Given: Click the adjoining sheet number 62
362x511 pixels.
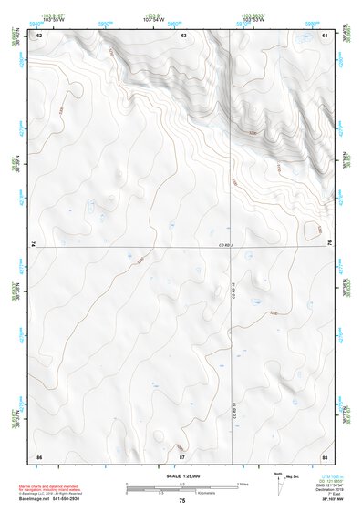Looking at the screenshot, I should click(x=39, y=35).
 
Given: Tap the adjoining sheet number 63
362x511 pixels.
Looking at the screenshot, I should click(x=184, y=35).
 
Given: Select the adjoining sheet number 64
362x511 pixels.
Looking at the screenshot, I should click(x=325, y=35).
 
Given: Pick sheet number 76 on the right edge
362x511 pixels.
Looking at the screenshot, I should click(x=328, y=243).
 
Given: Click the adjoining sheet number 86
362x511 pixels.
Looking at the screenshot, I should click(x=39, y=455).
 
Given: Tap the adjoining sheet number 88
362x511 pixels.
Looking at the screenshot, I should click(x=325, y=455).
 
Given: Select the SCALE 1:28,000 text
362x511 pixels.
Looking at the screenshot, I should click(x=181, y=475).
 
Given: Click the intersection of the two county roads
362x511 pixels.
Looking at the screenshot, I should click(x=232, y=245).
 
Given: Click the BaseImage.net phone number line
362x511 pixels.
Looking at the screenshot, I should click(x=50, y=501).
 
